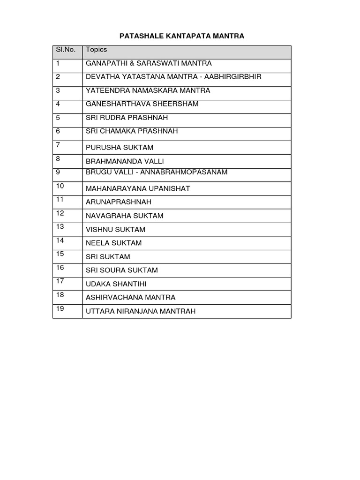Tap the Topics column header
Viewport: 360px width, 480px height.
coord(96,50)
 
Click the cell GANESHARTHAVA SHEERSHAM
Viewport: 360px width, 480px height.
coord(142,104)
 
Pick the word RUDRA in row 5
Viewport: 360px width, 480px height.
coord(113,118)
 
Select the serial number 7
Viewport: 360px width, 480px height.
coord(58,145)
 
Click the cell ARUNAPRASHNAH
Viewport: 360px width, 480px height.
coord(119,202)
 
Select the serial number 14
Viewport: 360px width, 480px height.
coord(60,240)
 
